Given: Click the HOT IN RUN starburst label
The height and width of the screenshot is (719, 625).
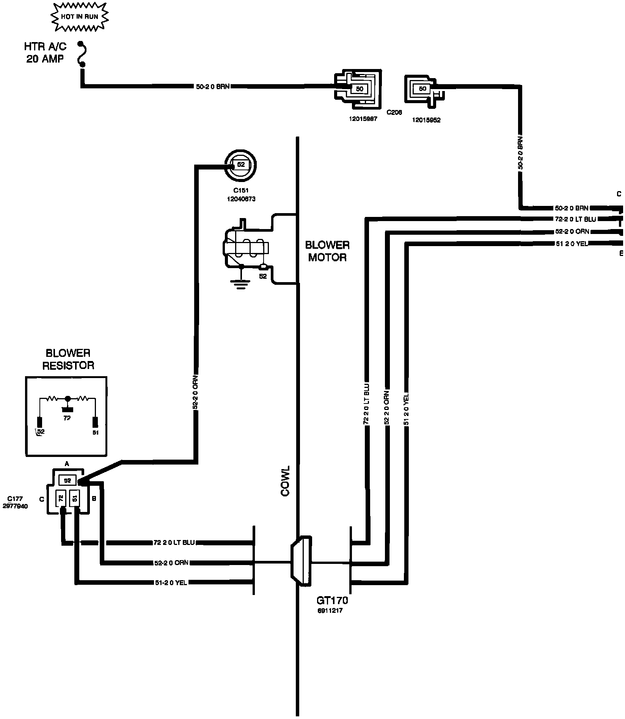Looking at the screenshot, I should pos(80,17).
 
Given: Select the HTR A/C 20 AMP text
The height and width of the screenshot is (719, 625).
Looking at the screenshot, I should pos(45,53).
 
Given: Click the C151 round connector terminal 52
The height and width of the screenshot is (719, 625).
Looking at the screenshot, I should pos(241,165).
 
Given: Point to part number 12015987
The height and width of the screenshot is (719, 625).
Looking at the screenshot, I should pos(363,119).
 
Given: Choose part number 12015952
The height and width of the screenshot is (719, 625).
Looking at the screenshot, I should pos(426,120).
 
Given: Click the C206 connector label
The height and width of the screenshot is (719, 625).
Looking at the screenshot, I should pos(394,112).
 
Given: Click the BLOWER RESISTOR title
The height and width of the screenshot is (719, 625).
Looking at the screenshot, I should pos(68,359).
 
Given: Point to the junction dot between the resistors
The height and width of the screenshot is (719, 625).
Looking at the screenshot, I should pos(68,399).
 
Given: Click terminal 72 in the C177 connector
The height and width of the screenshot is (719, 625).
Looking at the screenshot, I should pos(61,498).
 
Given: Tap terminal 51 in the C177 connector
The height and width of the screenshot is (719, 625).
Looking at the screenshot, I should pos(75,498).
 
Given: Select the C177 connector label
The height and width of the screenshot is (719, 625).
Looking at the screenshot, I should pos(15,502).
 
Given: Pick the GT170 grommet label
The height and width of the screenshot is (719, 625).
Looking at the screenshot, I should pos(332,600).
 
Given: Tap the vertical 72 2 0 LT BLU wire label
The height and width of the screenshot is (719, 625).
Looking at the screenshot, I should pos(366,404).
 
